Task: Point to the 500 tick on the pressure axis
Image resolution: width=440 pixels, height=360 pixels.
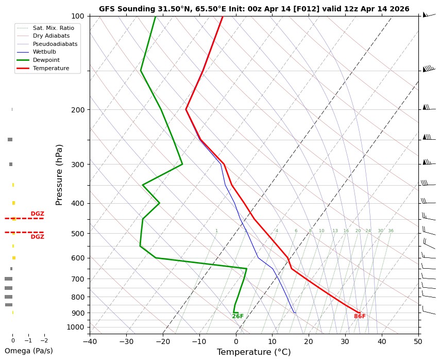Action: click(78, 234)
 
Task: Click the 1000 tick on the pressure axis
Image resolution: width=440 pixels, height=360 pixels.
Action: click(76, 327)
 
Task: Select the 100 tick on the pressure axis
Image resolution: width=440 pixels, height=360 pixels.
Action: click(78, 16)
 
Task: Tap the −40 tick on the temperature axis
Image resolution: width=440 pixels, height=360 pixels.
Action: click(90, 340)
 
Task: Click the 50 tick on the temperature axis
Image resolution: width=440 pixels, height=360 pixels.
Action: click(418, 340)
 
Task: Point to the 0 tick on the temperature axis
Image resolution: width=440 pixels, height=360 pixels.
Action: click(236, 340)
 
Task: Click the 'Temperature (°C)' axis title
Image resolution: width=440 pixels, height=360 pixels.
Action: click(253, 352)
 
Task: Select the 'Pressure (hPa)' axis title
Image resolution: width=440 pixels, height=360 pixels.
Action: click(59, 174)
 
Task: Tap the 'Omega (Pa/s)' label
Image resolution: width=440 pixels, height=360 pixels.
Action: click(28, 351)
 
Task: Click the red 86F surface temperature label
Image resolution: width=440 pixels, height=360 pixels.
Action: click(360, 316)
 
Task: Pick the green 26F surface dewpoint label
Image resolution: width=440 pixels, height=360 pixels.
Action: click(238, 316)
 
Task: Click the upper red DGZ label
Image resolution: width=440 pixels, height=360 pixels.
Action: click(37, 214)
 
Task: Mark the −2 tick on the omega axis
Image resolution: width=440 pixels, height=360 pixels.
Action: click(44, 340)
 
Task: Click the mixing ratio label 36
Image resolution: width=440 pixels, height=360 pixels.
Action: click(391, 231)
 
